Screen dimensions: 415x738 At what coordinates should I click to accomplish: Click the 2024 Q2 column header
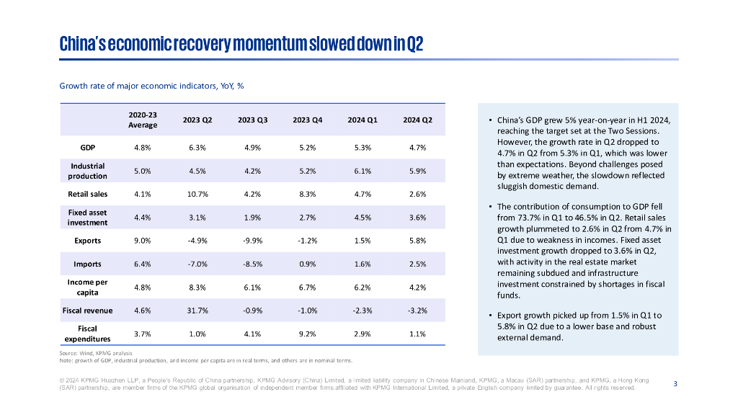[417, 120]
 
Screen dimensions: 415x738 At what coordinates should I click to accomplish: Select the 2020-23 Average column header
[143, 120]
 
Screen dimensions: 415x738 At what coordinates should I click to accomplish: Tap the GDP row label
[88, 148]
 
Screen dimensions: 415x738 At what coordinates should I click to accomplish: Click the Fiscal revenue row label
[87, 311]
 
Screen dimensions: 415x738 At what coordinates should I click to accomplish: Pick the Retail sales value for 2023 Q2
[197, 194]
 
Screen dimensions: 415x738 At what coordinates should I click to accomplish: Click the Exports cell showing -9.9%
[252, 241]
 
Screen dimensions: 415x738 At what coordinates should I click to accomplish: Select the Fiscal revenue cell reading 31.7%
[197, 311]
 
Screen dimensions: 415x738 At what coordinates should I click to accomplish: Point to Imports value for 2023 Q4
[307, 264]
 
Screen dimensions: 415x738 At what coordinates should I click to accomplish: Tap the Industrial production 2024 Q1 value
[362, 171]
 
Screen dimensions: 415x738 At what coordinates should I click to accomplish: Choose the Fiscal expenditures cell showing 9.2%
[307, 334]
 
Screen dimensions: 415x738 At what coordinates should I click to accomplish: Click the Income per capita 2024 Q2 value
[417, 287]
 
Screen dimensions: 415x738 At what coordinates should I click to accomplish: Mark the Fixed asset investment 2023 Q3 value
[252, 218]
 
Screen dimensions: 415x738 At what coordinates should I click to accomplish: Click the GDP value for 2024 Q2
[417, 148]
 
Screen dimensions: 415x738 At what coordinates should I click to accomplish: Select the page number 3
[675, 383]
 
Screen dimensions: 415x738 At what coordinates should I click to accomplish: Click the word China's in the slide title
[85, 45]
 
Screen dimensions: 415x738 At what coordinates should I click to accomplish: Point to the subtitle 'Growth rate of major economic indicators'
[151, 86]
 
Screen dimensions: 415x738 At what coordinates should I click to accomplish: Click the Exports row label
[88, 241]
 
